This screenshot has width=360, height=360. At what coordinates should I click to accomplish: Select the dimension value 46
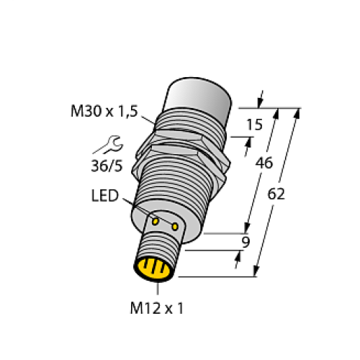coord(264,163)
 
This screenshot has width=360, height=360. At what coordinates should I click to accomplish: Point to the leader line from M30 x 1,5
coord(147,118)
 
